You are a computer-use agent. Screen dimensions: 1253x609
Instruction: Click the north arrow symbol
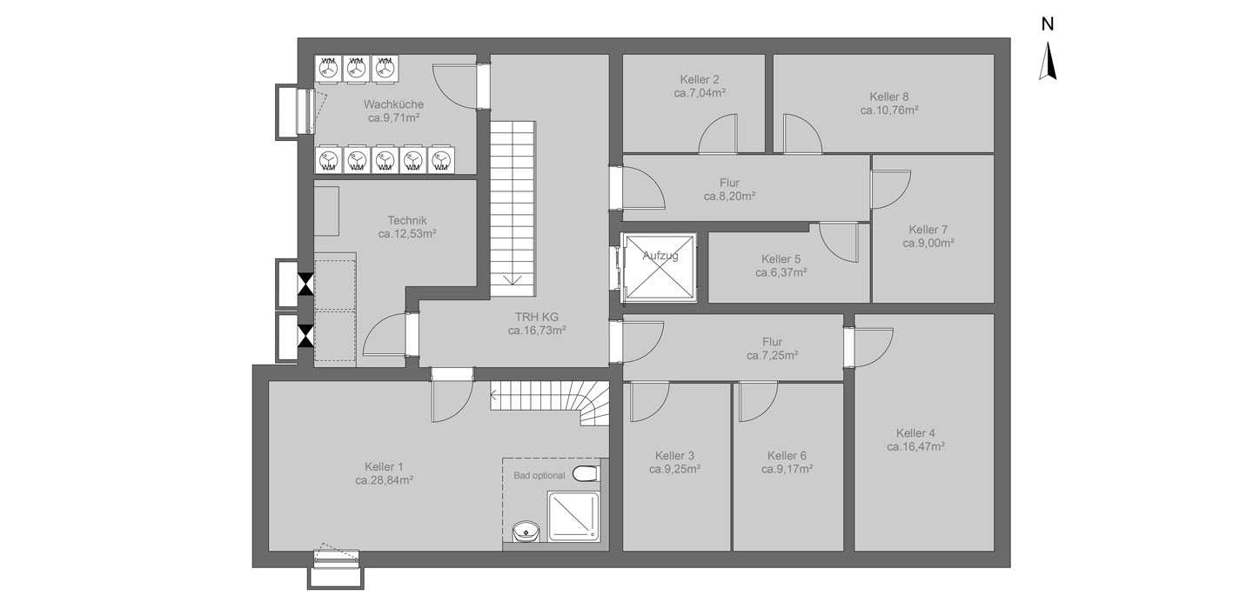click(1048, 62)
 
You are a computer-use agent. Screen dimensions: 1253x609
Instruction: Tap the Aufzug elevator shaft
click(660, 267)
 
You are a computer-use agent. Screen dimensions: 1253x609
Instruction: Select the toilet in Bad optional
click(586, 474)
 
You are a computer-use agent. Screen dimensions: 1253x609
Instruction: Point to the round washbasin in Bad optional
click(526, 531)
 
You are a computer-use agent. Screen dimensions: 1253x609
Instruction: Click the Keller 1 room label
click(384, 467)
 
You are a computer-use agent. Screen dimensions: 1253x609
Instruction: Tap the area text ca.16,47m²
click(915, 447)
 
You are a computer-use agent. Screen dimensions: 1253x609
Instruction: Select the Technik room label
click(407, 220)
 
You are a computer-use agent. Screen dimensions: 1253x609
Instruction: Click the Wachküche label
click(394, 104)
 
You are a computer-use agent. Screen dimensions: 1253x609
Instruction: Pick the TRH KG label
click(537, 317)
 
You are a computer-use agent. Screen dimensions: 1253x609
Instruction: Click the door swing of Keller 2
click(718, 133)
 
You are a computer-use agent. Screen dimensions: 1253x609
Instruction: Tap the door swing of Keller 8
click(802, 133)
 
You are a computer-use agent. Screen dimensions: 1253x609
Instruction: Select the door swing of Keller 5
click(839, 242)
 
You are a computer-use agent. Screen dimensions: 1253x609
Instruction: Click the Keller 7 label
click(928, 230)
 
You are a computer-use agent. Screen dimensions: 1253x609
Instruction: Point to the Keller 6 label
click(787, 456)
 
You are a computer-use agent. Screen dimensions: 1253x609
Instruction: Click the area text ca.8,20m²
click(729, 197)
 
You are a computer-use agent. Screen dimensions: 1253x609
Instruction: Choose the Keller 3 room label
click(674, 456)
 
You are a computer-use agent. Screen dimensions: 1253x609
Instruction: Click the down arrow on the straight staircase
click(513, 279)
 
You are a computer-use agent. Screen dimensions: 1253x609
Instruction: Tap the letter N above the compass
click(1048, 24)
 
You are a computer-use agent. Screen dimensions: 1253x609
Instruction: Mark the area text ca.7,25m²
click(772, 355)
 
